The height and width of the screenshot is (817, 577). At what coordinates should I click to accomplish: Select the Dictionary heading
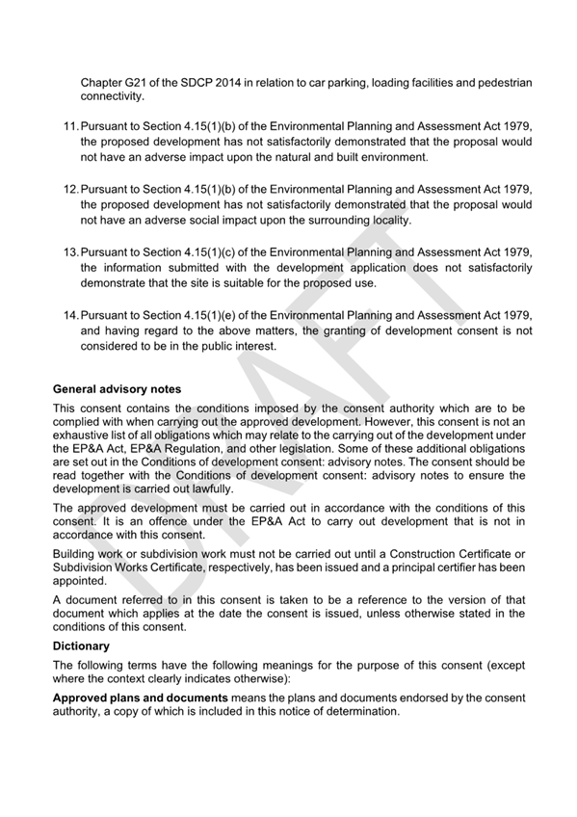(81, 646)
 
